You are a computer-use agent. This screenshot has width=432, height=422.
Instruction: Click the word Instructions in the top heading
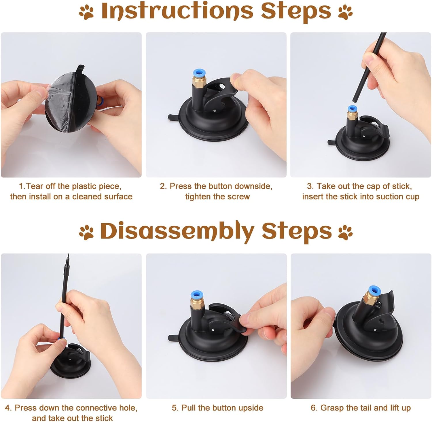177,11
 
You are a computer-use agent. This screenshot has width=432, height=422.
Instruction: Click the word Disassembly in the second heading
177,231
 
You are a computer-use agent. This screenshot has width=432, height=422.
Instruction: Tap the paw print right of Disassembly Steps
345,232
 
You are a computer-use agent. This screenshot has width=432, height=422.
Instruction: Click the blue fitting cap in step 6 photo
373,292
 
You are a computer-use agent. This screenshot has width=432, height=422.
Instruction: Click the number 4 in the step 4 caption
8,408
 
